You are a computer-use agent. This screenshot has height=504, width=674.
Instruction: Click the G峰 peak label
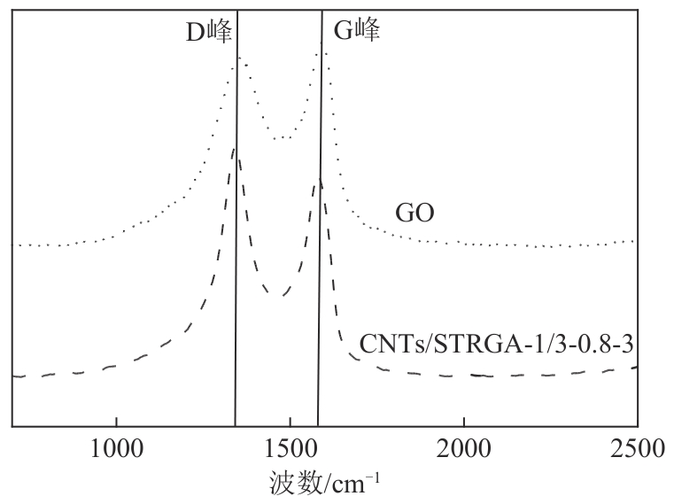click(x=356, y=33)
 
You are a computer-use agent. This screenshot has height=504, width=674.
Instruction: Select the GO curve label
click(x=414, y=213)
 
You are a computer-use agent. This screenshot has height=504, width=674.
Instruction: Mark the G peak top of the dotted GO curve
click(x=325, y=52)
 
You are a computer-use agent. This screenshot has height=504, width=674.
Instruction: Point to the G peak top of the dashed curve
click(x=319, y=181)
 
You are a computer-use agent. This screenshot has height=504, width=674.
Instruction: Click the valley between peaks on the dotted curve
click(x=282, y=139)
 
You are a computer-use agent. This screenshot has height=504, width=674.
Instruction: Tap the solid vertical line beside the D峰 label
click(x=236, y=266)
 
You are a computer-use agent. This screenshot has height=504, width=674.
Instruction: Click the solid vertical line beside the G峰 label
click(x=319, y=266)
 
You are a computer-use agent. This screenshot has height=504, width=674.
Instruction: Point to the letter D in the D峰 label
click(x=194, y=33)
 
